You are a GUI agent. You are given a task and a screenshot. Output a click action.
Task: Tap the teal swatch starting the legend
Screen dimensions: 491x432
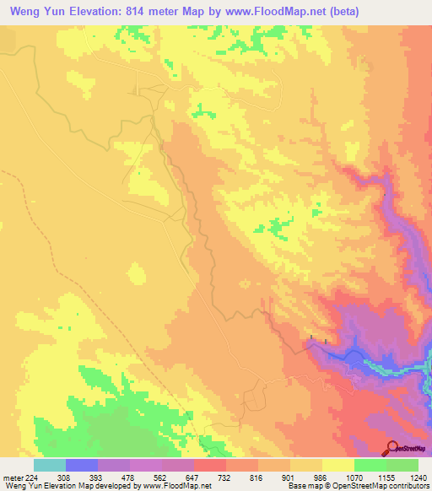pyautogui.click(x=49, y=465)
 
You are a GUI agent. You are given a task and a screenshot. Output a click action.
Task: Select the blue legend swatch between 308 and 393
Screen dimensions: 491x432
pyautogui.click(x=82, y=465)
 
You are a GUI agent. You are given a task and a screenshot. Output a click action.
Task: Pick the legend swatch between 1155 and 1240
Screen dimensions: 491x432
pyautogui.click(x=402, y=465)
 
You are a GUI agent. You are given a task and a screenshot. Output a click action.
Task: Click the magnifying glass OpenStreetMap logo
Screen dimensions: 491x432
pyautogui.click(x=391, y=448)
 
